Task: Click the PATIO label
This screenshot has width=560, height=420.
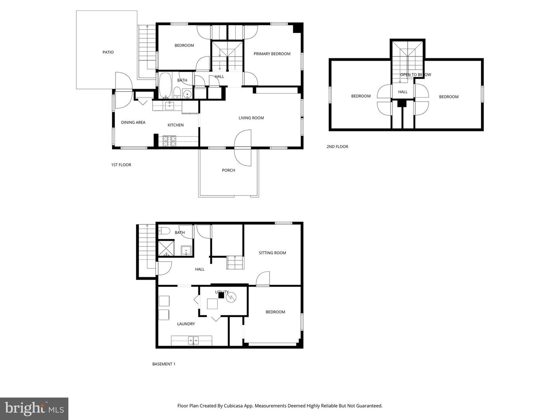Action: (x=108, y=52)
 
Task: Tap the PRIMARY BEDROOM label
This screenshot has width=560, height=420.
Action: (x=272, y=54)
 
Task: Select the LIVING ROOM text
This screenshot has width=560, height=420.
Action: (x=251, y=118)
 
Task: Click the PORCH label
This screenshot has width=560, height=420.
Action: (x=228, y=170)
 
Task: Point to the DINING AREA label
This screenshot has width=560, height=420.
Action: (x=133, y=122)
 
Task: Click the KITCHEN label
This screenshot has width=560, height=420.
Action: (x=175, y=125)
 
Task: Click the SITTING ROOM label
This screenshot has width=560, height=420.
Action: (x=272, y=253)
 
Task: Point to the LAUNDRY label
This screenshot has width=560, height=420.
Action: (x=186, y=324)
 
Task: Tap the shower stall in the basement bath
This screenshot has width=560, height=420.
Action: (x=166, y=248)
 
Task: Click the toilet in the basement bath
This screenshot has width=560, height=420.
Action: (x=164, y=231)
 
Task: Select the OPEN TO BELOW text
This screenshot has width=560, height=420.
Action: (x=415, y=75)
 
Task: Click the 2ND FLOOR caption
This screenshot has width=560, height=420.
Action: (x=337, y=147)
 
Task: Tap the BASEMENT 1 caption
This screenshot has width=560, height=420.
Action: (x=164, y=364)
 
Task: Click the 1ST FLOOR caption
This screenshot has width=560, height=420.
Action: (x=121, y=165)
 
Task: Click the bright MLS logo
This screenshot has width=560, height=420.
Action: (x=34, y=409)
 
